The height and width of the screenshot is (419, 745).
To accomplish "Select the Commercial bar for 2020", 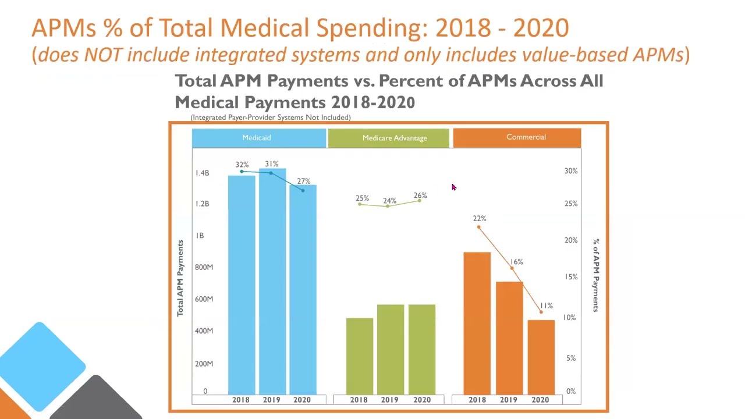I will point(541,357).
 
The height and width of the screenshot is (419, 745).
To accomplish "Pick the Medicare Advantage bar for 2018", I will point(359,356).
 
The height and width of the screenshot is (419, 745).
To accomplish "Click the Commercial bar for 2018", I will point(477,323).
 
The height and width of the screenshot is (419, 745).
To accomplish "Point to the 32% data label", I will point(242,165).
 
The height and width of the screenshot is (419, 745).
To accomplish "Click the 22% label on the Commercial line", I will point(479,218).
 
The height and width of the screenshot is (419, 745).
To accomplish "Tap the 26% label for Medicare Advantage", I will point(420,196).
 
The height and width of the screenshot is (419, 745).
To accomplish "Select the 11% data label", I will point(546,306).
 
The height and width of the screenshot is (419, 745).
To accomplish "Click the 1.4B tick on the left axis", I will point(202,173).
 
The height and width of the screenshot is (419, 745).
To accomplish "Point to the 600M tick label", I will point(204,299).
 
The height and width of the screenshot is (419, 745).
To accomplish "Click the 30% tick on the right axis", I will point(571,171).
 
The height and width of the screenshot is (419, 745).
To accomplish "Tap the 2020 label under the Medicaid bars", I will point(302,400).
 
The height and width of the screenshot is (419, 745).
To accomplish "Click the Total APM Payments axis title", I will point(180,278).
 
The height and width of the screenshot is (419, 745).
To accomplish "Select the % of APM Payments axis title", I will point(595,275).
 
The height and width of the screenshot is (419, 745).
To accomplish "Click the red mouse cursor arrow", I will point(454,187).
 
